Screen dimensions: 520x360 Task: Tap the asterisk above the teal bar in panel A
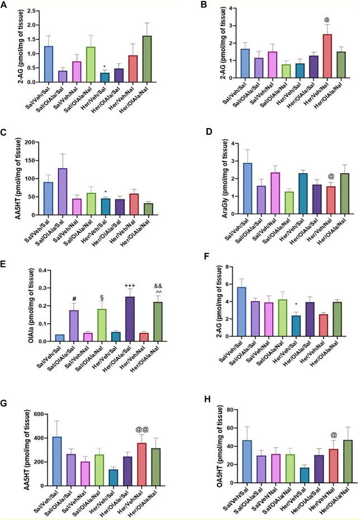point(104,67)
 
